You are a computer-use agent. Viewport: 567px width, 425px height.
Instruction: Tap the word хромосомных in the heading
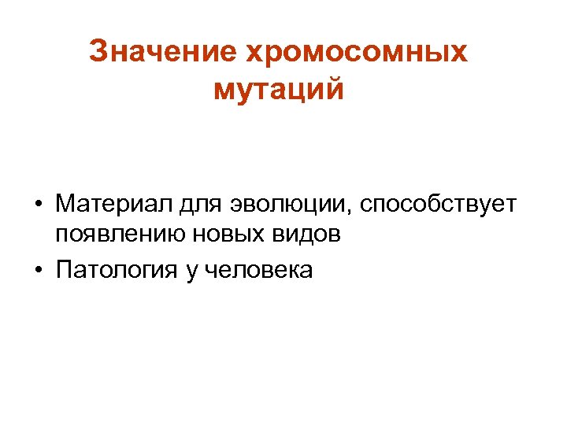pos(357,52)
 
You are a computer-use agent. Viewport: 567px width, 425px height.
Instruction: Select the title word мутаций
pos(279,89)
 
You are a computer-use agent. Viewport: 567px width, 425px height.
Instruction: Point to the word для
pos(198,206)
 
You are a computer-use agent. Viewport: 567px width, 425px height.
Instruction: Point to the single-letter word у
pos(191,272)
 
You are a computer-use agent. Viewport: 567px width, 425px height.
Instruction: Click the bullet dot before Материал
pos(38,206)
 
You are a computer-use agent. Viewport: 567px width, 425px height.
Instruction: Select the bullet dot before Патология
pos(38,271)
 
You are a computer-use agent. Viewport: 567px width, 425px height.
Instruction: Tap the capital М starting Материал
pos(65,205)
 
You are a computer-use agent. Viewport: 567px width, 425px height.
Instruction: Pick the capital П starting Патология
pos(64,270)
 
